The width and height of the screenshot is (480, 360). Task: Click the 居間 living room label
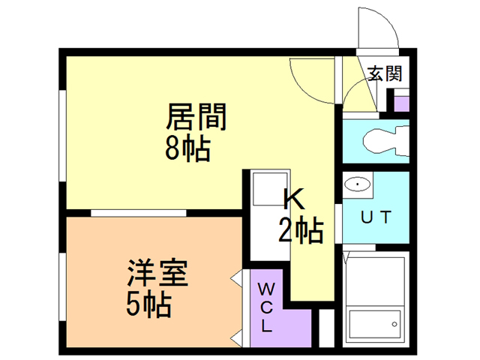pyautogui.click(x=196, y=117)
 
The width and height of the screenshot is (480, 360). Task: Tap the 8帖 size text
pyautogui.click(x=187, y=149)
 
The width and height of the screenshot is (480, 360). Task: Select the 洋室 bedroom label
pyautogui.click(x=157, y=272)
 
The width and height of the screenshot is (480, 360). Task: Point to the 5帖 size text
pyautogui.click(x=148, y=304)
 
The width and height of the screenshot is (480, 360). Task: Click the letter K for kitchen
pyautogui.click(x=294, y=199)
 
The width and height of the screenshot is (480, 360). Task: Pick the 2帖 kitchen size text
pyautogui.click(x=301, y=230)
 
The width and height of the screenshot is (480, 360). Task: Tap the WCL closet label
pyautogui.click(x=266, y=307)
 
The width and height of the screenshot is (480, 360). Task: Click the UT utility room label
pyautogui.click(x=376, y=217)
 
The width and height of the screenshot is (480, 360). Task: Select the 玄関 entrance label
pyautogui.click(x=385, y=73)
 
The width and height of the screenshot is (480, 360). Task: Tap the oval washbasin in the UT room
pyautogui.click(x=357, y=184)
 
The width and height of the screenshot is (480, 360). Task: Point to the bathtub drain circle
pyautogui.click(x=394, y=324)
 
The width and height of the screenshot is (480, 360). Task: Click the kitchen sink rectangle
pyautogui.click(x=270, y=189)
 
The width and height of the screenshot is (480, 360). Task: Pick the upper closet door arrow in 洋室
pyautogui.click(x=237, y=278)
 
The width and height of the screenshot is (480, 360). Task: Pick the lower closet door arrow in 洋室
pyautogui.click(x=237, y=339)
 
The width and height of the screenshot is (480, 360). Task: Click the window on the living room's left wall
pyautogui.click(x=62, y=136)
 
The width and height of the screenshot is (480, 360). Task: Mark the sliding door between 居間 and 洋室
pyautogui.click(x=138, y=213)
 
